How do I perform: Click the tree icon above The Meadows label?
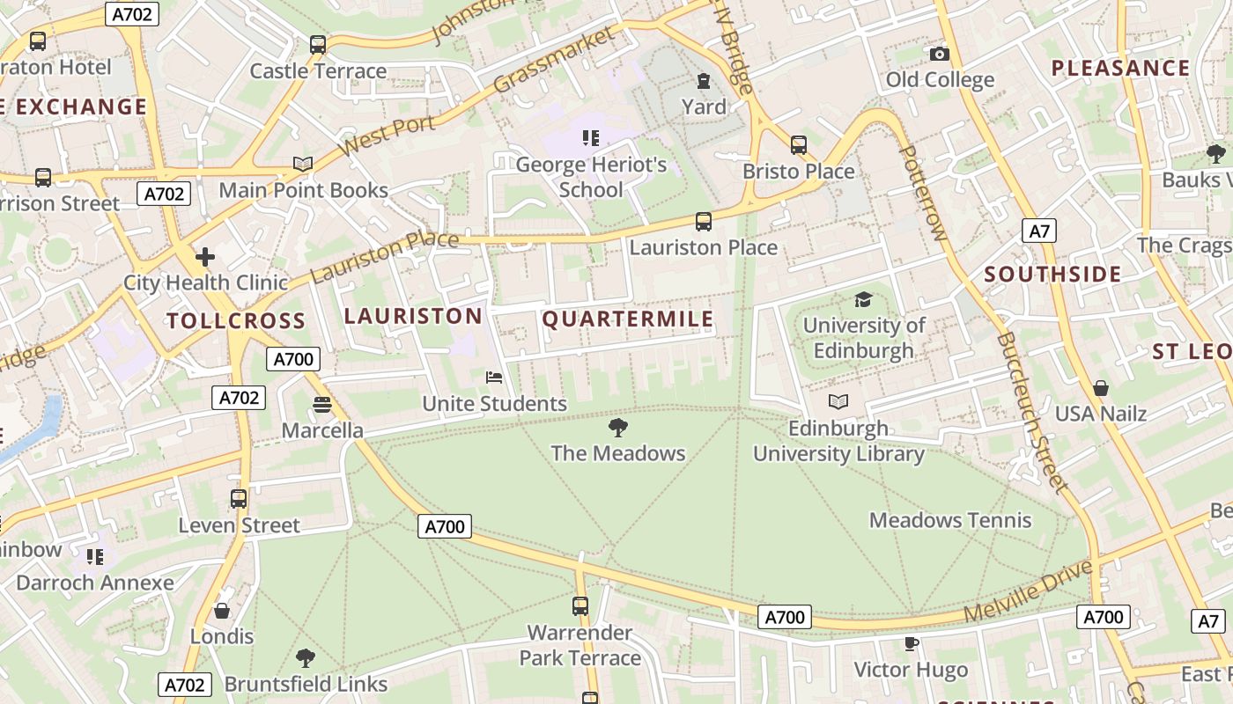coord(618,429)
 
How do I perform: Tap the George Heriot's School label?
coord(591,177)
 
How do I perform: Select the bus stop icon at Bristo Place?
coord(799,145)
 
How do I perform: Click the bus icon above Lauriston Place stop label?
coord(703,222)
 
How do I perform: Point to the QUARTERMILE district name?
coord(628,319)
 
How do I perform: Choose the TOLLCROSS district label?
coord(236,321)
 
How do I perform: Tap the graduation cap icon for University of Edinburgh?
coord(863,300)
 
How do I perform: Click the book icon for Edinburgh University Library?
coord(838,402)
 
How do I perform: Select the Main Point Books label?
coord(303,190)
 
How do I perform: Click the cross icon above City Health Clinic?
coord(205,257)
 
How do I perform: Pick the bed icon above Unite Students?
coord(495,378)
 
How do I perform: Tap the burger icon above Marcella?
coord(322,405)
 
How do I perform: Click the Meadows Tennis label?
coord(950,520)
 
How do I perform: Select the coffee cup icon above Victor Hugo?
coord(912,644)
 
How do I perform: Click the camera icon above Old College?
coord(940,55)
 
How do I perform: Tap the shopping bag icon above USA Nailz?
coord(1101,387)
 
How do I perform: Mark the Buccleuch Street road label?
coord(1033,412)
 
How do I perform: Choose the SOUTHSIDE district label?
coord(1052,275)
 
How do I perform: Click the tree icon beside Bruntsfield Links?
coord(306,658)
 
